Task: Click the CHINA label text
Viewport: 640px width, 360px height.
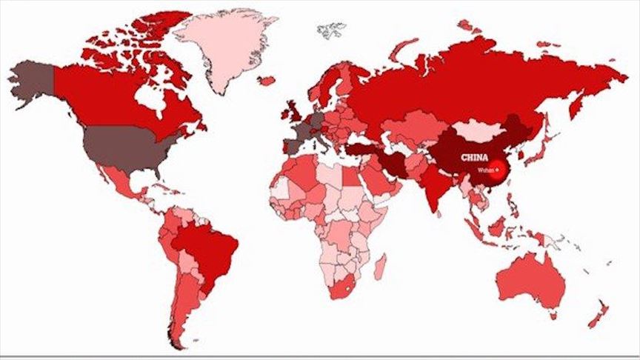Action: pyautogui.click(x=473, y=157)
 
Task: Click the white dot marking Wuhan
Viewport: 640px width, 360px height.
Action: pyautogui.click(x=498, y=169)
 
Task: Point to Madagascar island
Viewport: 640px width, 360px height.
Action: pyautogui.click(x=379, y=267)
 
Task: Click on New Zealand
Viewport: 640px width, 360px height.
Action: pyautogui.click(x=597, y=316)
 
